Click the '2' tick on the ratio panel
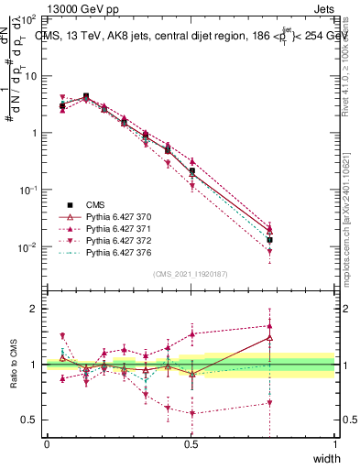pyautogui.click(x=36, y=309)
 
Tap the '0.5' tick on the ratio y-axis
pyautogui.click(x=30, y=420)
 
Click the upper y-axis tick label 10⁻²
pyautogui.click(x=29, y=247)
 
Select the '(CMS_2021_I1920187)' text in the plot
pyautogui.click(x=191, y=274)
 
